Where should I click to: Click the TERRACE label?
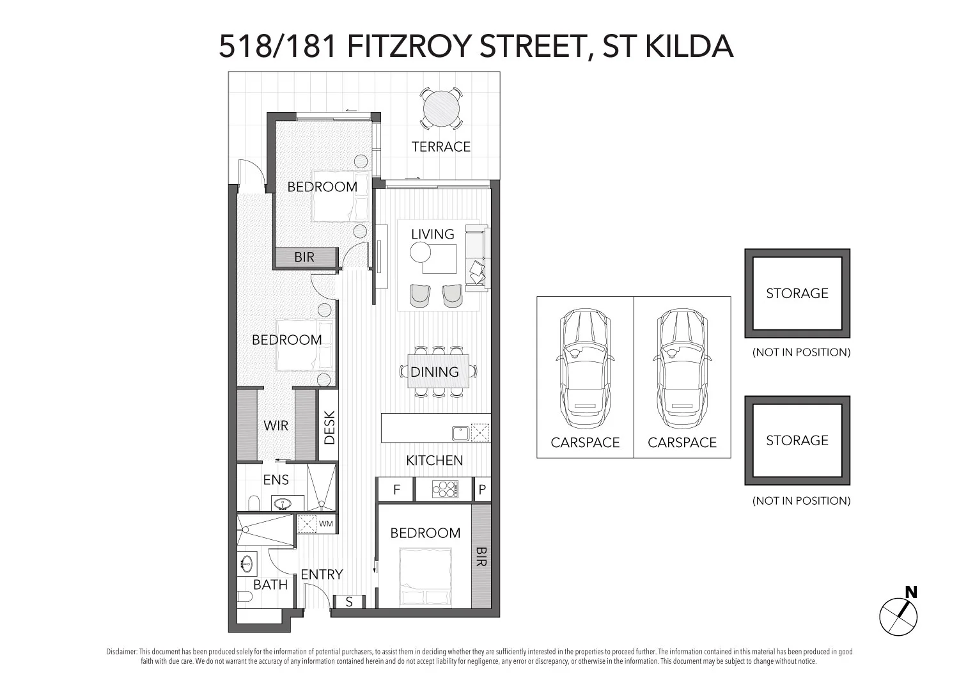pos(441,147)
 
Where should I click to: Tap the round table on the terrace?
pos(441,107)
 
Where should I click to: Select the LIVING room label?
pos(433,234)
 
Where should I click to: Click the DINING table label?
pos(435,372)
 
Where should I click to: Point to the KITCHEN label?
pos(435,461)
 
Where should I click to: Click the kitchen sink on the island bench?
pos(461,433)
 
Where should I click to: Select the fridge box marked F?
pos(396,490)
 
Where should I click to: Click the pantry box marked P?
pos(482,490)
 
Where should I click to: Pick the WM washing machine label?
pos(326,524)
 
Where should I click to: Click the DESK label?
pos(329,427)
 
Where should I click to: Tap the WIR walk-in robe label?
pos(276,425)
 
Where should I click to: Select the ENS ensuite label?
pos(276,480)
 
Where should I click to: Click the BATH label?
pos(270,584)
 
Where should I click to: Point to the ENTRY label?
pos(322,574)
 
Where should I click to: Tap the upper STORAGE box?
pos(797,293)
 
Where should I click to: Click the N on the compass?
pos(911,592)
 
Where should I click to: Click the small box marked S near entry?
pos(349,602)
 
